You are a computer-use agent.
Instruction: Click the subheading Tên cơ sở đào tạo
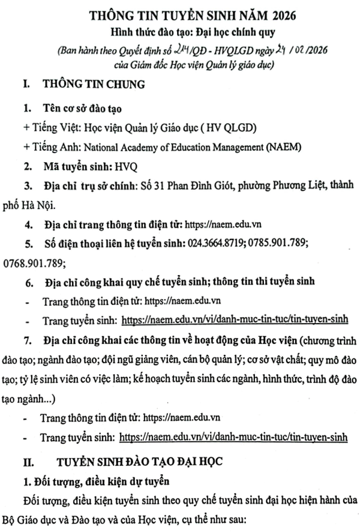(x=80, y=109)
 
